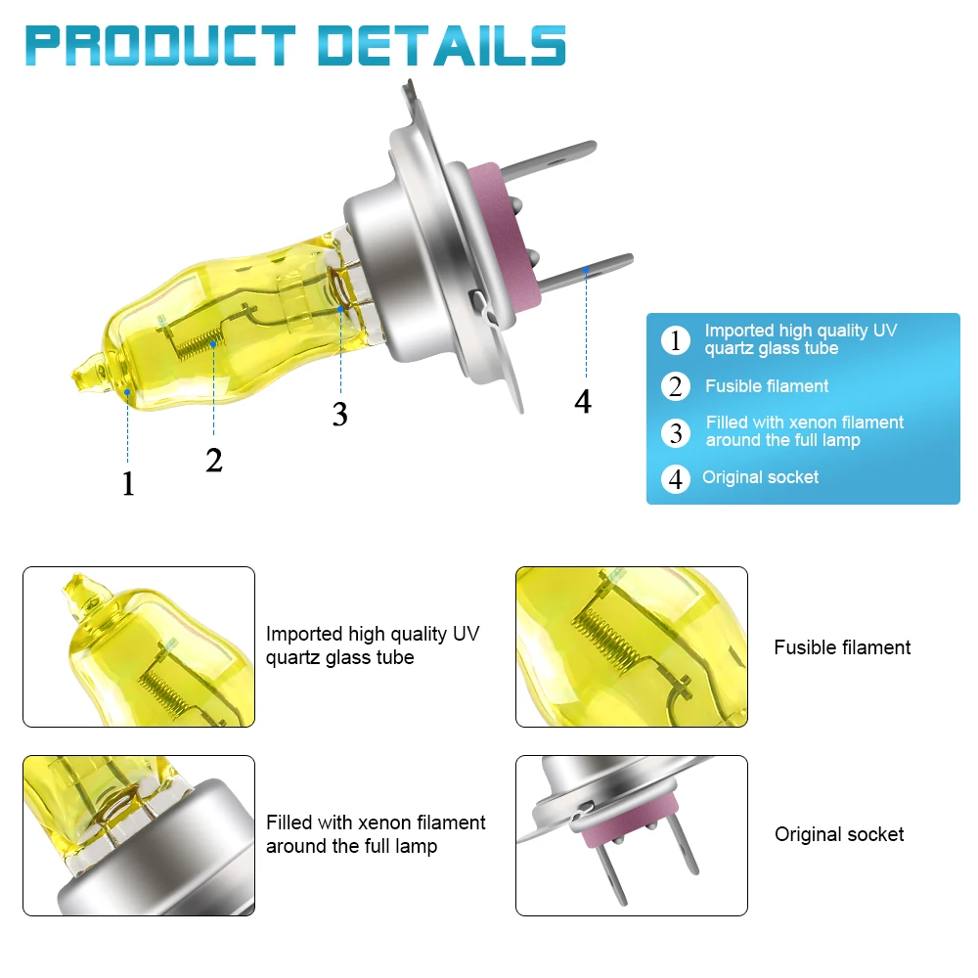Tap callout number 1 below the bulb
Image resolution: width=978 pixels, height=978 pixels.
pos(128,483)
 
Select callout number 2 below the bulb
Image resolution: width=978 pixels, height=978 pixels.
pos(214,459)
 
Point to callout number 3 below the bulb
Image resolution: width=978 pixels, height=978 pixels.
pos(339,414)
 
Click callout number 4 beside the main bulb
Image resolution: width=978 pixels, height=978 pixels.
pos(583,401)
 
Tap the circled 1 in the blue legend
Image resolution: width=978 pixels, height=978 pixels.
pos(675,341)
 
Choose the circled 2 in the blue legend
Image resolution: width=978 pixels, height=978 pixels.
pos(675,386)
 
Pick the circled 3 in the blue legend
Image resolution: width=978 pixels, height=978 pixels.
pos(675,432)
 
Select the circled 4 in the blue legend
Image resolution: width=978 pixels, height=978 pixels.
pos(675,479)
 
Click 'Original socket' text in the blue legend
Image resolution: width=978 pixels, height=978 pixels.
pos(760,477)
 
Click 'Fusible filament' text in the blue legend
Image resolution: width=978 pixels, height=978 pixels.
pos(767,386)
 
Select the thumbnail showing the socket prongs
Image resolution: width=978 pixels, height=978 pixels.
pos(632,835)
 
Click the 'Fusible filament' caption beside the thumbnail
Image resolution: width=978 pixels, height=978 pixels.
pos(842,647)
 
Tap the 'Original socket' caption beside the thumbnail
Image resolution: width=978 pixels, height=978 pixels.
pos(839,834)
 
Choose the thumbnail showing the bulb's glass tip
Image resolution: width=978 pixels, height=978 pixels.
pos(139,646)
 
